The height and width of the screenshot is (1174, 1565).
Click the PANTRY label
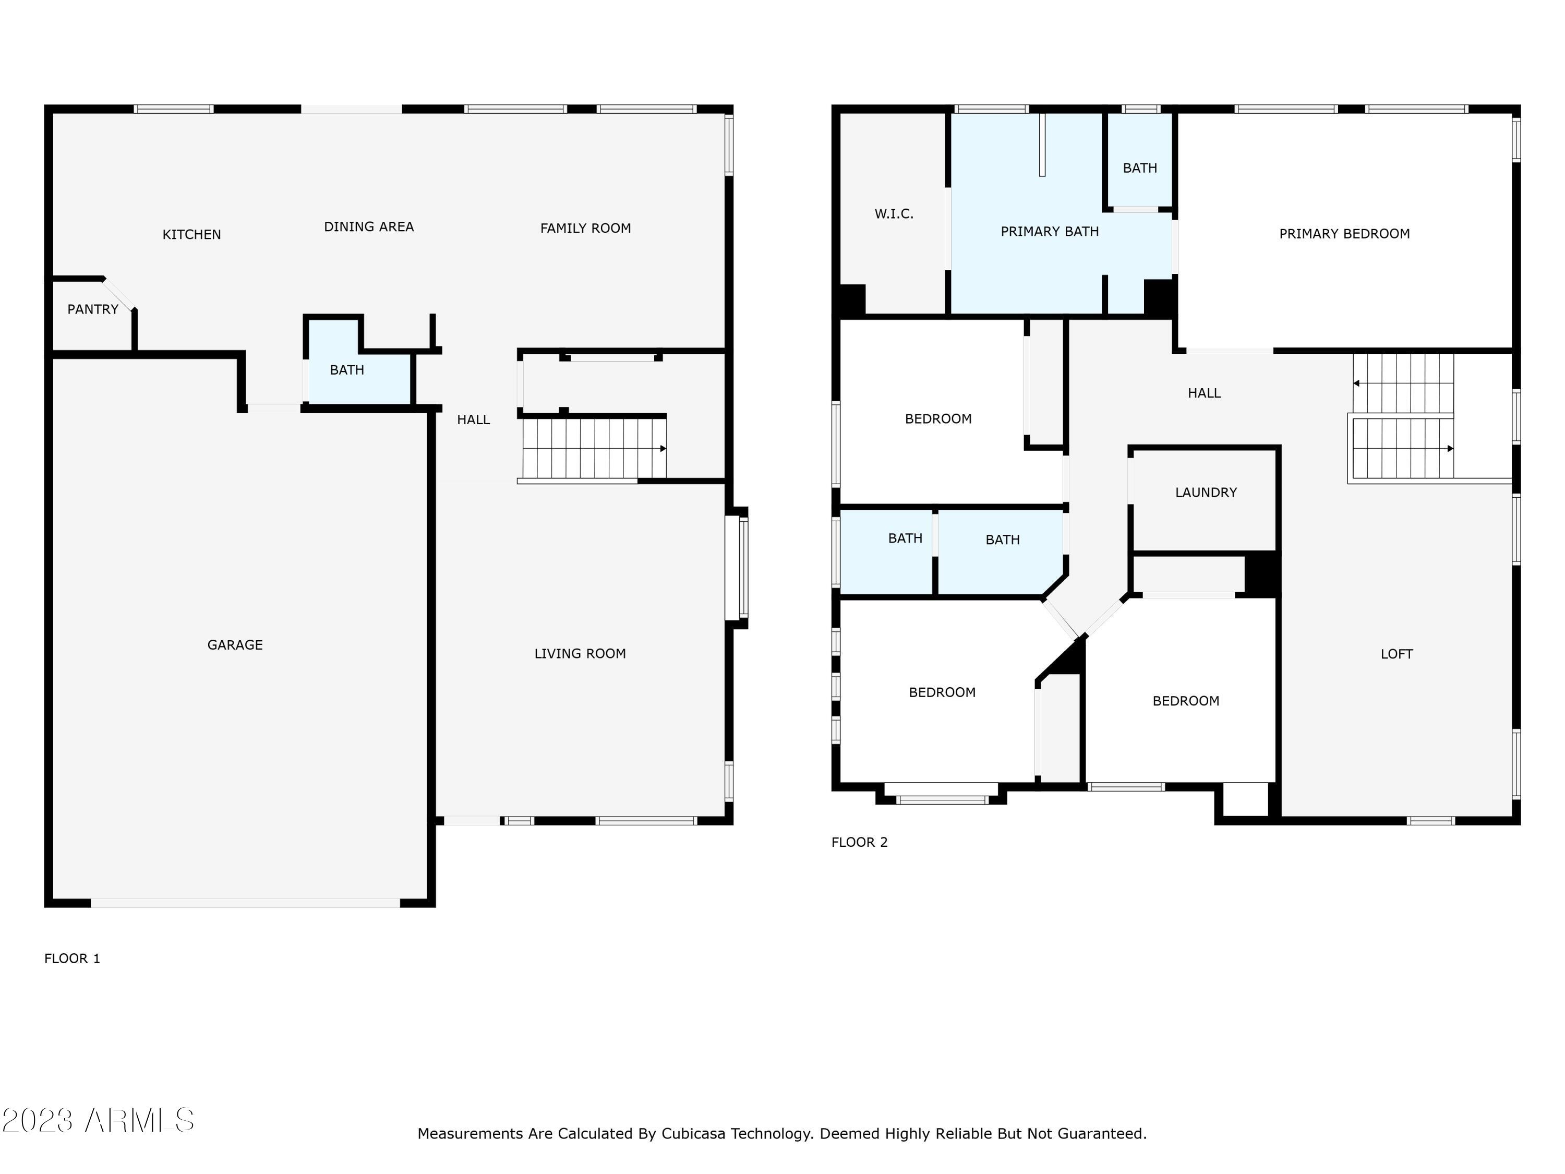tap(93, 309)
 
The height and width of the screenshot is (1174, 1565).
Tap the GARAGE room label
tap(235, 645)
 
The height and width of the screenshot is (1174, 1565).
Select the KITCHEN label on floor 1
tap(192, 234)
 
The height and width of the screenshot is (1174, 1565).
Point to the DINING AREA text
tap(369, 226)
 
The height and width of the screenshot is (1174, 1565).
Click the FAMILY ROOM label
tap(585, 228)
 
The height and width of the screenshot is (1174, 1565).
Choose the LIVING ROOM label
tap(580, 654)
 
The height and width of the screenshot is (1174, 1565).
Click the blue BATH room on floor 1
tap(347, 370)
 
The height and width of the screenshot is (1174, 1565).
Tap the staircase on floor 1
tap(593, 449)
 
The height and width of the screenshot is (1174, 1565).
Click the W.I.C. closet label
tap(894, 214)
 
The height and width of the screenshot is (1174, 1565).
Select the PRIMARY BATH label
tap(1049, 231)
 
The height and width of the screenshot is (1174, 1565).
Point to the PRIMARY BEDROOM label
tap(1343, 234)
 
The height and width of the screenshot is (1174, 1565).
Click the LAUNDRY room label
tap(1206, 493)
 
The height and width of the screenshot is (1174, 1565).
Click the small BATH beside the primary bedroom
tap(1140, 167)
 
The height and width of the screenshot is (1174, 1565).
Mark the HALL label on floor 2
tap(1203, 393)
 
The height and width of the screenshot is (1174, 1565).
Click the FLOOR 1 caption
tap(72, 958)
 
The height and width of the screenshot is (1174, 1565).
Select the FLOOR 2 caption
tap(859, 842)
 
